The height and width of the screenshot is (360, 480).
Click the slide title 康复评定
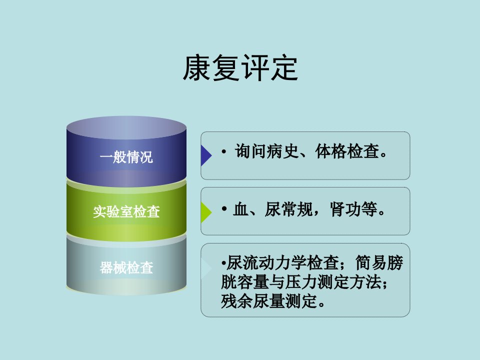240,68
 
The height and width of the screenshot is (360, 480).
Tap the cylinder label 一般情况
126,157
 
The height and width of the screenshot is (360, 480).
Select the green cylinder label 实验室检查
126,211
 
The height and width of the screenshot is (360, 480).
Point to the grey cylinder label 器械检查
126,267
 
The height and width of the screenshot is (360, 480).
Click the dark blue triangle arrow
205,155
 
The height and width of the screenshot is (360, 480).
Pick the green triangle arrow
205,212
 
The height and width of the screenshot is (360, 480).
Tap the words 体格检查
347,151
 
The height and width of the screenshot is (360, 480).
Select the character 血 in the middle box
240,209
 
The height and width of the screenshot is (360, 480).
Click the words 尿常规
288,209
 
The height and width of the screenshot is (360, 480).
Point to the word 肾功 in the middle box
345,209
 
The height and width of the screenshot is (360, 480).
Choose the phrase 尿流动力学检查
282,263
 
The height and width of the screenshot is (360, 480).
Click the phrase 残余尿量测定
269,301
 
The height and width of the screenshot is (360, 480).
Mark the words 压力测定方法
333,282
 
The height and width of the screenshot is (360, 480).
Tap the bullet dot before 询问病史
224,151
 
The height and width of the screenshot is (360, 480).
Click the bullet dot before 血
224,209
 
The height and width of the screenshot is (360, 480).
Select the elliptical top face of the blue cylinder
126,127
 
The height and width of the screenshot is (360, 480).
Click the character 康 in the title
197,68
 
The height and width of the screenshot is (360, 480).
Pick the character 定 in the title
284,68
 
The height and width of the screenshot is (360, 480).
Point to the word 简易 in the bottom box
370,263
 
